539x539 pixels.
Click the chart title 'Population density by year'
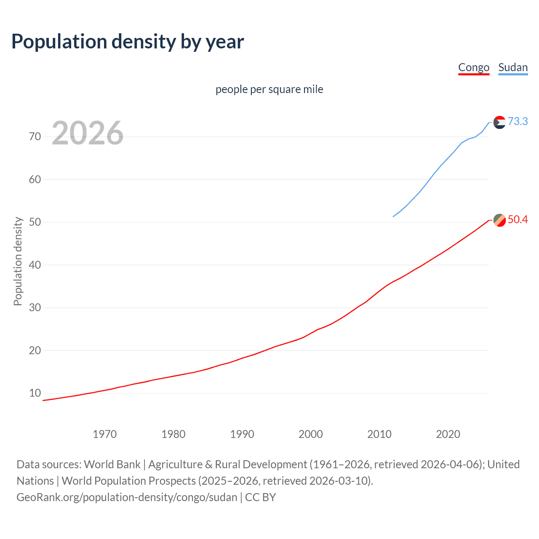pyautogui.click(x=128, y=42)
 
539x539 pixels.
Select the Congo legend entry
pyautogui.click(x=474, y=67)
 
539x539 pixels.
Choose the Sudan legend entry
pyautogui.click(x=513, y=67)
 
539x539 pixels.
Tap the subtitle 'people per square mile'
pyautogui.click(x=269, y=89)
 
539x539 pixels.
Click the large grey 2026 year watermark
pyautogui.click(x=88, y=133)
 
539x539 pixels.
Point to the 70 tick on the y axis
pyautogui.click(x=35, y=136)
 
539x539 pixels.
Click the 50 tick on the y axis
pyautogui.click(x=35, y=222)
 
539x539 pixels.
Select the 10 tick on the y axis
pyautogui.click(x=35, y=393)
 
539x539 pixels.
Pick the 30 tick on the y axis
pyautogui.click(x=35, y=307)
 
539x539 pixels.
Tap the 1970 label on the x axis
pyautogui.click(x=105, y=434)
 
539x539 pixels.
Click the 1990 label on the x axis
pyautogui.click(x=242, y=434)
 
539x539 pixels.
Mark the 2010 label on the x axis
pyautogui.click(x=379, y=434)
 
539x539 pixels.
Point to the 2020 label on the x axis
pyautogui.click(x=448, y=434)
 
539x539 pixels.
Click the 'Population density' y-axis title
pyautogui.click(x=18, y=261)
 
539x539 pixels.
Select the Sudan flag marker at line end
pyautogui.click(x=499, y=122)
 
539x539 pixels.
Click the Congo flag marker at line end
pyautogui.click(x=499, y=220)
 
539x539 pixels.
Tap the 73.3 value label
pyautogui.click(x=518, y=121)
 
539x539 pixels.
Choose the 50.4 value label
pyautogui.click(x=518, y=219)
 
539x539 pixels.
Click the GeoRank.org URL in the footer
pyautogui.click(x=127, y=497)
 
